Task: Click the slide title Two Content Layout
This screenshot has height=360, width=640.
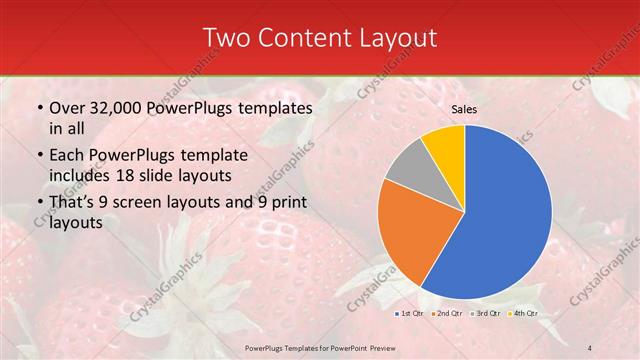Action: [x=320, y=38]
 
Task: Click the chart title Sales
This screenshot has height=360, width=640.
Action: [x=463, y=109]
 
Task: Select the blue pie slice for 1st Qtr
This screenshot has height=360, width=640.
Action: [x=510, y=215]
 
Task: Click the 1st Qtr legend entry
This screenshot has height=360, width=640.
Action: [x=409, y=314]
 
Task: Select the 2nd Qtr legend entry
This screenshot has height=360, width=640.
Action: [x=447, y=314]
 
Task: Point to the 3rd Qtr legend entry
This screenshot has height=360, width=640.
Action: [x=486, y=314]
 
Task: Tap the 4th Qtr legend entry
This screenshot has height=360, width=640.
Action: [x=523, y=314]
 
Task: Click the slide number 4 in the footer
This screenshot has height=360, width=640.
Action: [x=589, y=347]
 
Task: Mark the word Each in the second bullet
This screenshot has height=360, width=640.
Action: [x=67, y=156]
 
